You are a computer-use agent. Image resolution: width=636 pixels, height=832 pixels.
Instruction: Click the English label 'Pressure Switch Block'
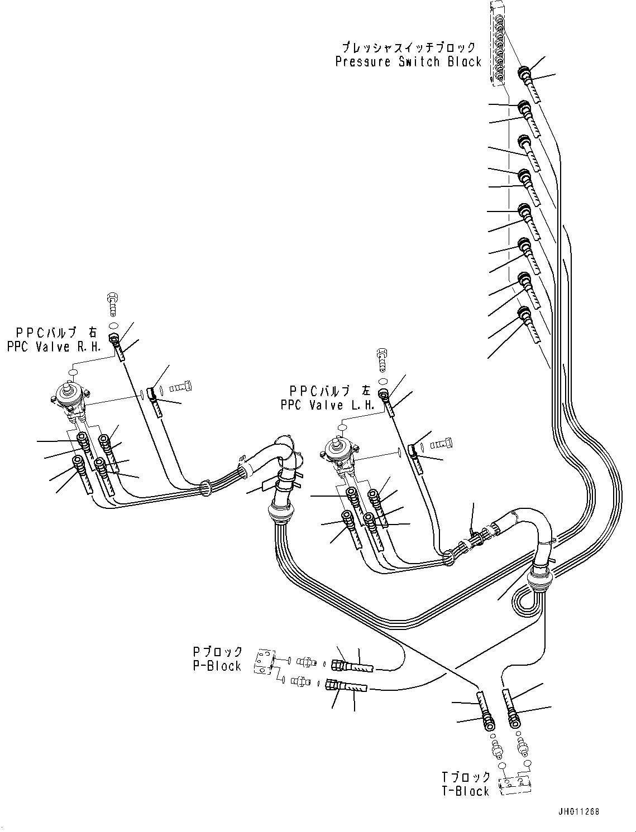click(x=408, y=61)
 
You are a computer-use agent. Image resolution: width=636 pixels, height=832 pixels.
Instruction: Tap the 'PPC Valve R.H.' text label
click(x=54, y=347)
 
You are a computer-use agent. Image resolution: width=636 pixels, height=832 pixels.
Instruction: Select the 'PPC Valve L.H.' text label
click(x=328, y=405)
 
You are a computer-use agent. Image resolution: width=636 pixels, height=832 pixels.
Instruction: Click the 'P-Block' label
click(x=217, y=666)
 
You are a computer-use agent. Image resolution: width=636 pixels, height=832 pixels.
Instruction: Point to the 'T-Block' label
click(x=465, y=791)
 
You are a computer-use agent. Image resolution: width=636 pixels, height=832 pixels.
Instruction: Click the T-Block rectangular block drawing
click(x=515, y=785)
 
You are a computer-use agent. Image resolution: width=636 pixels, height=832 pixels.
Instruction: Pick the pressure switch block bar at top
click(x=497, y=45)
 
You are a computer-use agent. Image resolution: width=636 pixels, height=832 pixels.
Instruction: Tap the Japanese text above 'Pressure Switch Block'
click(x=409, y=47)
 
